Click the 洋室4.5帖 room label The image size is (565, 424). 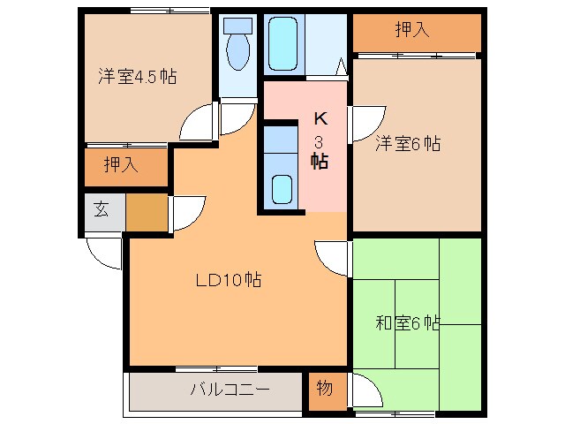[x=137, y=77]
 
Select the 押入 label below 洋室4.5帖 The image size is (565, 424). [x=121, y=164]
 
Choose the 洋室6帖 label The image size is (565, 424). [x=407, y=143]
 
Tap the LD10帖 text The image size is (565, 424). [x=228, y=280]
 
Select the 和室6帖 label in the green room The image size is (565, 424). [x=407, y=323]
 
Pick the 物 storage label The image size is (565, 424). [x=324, y=388]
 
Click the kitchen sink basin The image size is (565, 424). [x=282, y=188]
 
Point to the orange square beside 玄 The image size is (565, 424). [x=146, y=211]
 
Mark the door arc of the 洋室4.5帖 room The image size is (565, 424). [x=199, y=122]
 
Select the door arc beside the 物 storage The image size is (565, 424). [x=367, y=390]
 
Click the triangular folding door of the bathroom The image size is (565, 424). [x=341, y=64]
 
